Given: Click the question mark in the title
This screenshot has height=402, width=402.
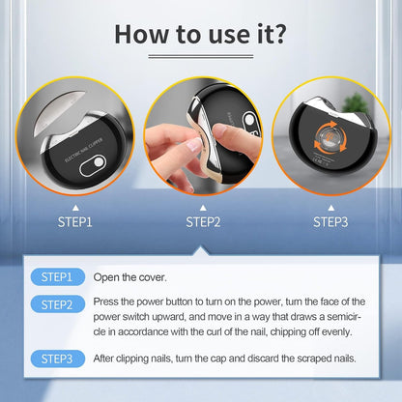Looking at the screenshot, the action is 278,33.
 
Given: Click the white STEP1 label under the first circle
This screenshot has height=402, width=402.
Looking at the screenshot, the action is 75,222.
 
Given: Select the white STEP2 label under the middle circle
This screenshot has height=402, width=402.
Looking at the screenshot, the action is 203,222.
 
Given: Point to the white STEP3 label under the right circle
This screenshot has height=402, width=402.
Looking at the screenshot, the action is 330,222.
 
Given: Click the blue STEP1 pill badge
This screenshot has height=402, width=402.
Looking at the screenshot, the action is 58,277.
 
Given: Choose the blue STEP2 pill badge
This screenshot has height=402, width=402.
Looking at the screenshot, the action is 58,304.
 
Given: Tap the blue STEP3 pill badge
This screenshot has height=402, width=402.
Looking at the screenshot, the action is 58,359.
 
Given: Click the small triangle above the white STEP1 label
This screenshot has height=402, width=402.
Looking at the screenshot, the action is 75,208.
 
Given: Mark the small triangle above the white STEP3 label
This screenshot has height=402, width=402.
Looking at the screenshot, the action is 330,208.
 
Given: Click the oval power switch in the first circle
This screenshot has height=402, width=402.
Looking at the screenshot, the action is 93,166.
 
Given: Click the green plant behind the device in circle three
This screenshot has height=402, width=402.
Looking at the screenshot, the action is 356,103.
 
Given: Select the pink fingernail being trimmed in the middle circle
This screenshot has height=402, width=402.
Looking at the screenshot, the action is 194,145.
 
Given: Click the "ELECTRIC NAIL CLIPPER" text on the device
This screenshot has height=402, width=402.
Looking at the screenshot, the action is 84,150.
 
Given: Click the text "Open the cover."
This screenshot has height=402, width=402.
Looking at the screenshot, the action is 129,277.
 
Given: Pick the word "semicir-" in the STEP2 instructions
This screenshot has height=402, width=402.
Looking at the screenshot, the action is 344,317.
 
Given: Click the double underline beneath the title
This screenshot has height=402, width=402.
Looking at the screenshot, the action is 201,56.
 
